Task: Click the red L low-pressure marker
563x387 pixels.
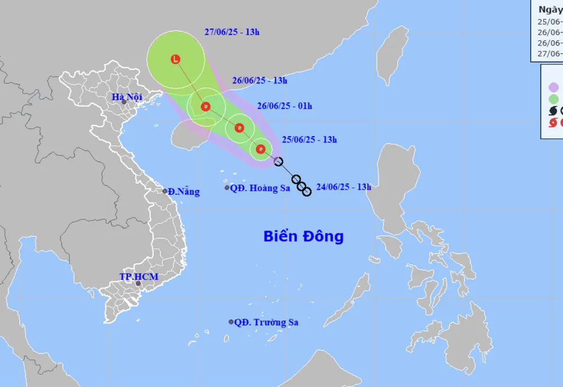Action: tap(176, 59)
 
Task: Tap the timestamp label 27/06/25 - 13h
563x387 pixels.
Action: tap(232, 32)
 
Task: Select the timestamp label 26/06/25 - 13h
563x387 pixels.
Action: tap(260, 80)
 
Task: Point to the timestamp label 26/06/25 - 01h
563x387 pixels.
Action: tap(284, 106)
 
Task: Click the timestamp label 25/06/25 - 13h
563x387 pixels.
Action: tap(309, 139)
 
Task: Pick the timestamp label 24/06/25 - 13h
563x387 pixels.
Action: tap(343, 187)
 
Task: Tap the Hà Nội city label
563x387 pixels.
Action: tap(126, 97)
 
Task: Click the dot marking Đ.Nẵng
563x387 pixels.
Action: tap(165, 191)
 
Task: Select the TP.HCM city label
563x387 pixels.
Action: tap(138, 277)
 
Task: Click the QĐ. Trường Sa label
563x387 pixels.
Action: tap(266, 322)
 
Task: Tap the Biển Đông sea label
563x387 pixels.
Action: tap(303, 236)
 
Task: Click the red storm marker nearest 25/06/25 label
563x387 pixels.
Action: tap(260, 149)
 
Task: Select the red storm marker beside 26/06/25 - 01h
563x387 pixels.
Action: tap(239, 128)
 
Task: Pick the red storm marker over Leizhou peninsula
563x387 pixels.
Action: tap(205, 106)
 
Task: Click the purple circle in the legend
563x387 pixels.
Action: tap(554, 87)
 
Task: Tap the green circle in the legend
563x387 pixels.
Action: tap(554, 99)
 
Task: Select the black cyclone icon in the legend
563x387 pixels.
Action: tap(553, 111)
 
